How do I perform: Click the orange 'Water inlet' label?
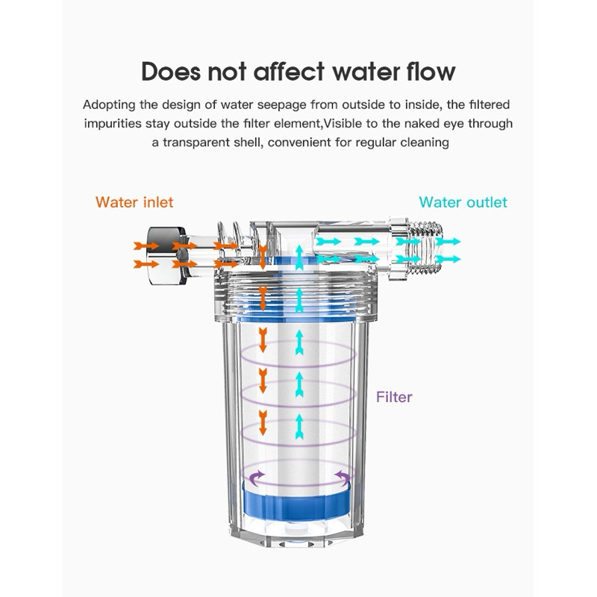click(x=134, y=202)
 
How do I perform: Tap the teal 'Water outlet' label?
click(x=463, y=202)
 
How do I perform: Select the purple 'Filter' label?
click(x=394, y=397)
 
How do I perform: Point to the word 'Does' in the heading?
click(x=171, y=71)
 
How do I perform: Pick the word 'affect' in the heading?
click(x=289, y=71)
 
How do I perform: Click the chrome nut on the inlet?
click(x=166, y=255)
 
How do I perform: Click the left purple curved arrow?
click(x=256, y=478)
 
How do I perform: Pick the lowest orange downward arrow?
click(x=263, y=422)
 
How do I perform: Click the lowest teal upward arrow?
click(x=299, y=426)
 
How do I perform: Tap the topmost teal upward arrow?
click(x=299, y=257)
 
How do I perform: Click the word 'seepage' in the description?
click(x=282, y=104)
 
